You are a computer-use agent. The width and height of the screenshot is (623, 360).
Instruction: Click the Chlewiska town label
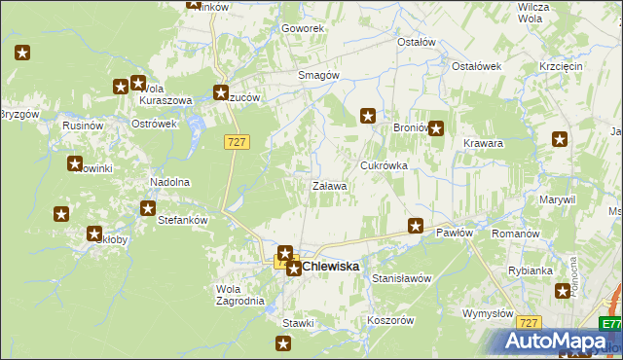[330, 266]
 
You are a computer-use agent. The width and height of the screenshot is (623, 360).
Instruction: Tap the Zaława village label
[329, 185]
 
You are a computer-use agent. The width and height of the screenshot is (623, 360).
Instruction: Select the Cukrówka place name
[384, 165]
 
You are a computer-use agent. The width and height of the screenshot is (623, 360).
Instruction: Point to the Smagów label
[318, 75]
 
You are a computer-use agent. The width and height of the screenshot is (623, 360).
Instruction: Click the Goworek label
[302, 28]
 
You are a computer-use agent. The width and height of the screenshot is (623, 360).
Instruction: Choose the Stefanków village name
[183, 220]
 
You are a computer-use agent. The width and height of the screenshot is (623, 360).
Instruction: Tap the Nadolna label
[169, 182]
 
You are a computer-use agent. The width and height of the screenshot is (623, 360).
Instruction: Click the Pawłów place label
[455, 234]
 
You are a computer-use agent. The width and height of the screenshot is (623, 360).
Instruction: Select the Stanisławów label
[402, 278]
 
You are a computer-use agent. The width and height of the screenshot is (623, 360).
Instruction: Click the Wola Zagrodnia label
[239, 295]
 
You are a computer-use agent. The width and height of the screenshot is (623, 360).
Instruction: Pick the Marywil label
[557, 198]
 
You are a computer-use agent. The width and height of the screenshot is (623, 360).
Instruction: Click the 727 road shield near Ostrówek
[238, 142]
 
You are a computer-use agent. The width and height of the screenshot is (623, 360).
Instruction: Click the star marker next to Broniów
[436, 127]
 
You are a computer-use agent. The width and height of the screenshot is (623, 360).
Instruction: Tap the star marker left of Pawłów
[416, 226]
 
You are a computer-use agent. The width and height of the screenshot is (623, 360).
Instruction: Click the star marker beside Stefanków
[148, 207]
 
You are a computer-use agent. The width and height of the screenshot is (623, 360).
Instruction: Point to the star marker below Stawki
[283, 342]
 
